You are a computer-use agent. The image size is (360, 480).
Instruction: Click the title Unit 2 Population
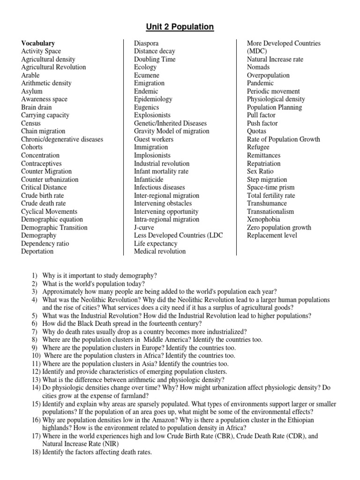pos(180,27)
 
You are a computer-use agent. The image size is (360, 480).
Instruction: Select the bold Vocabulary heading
pos(38,43)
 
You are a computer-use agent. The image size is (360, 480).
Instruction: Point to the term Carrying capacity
pos(45,115)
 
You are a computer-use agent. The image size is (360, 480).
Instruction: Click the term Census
pos(31,123)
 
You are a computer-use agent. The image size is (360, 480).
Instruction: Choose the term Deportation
pos(37,251)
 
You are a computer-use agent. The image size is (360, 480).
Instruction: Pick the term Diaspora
pos(146,43)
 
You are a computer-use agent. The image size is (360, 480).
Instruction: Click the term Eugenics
pos(147,107)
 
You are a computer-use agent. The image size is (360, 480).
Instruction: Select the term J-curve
pos(145,227)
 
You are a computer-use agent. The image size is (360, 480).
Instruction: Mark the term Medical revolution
pos(160,251)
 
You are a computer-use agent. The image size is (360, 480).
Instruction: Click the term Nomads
pos(258,67)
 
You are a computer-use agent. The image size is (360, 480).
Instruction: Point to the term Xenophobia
pos(263,219)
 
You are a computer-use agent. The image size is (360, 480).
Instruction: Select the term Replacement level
pos(272,235)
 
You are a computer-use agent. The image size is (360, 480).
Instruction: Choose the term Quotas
pos(256,131)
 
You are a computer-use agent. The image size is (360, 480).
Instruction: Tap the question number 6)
pos(34,324)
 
